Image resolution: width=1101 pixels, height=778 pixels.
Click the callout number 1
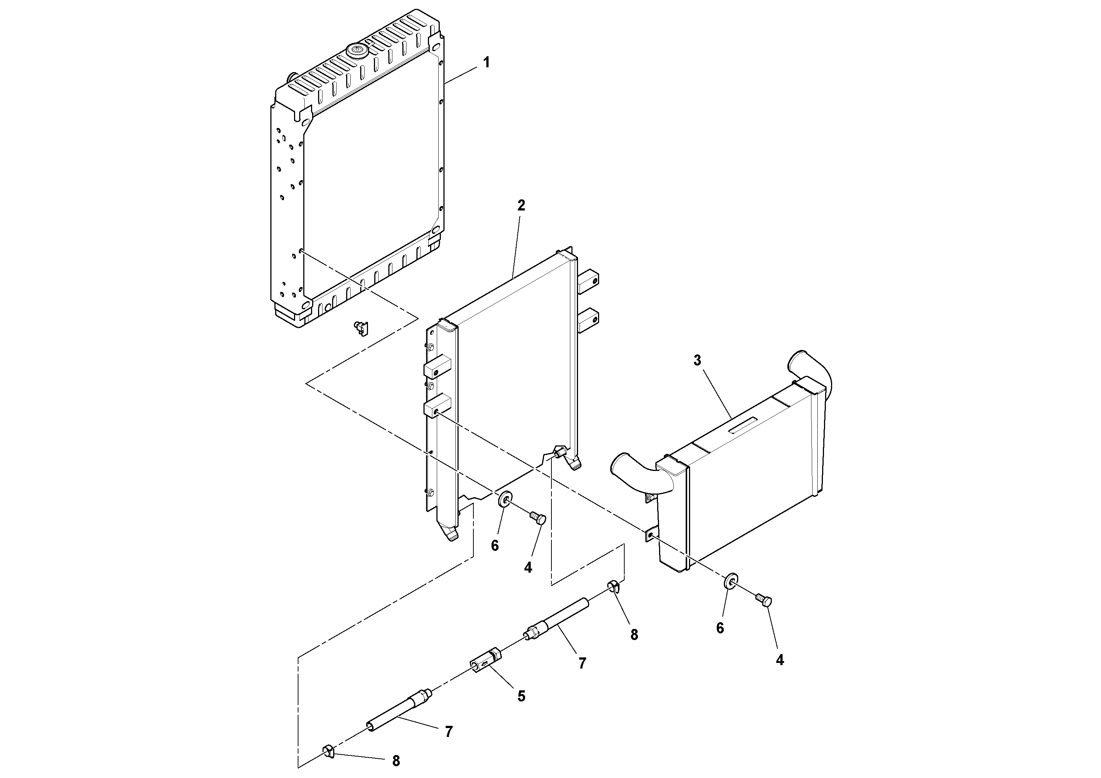(x=486, y=63)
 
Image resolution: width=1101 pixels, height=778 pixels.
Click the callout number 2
(x=521, y=205)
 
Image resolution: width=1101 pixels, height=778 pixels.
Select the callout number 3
(x=697, y=360)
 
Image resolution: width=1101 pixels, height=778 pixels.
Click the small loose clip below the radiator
(x=361, y=329)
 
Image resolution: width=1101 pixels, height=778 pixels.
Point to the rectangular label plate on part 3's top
(x=742, y=425)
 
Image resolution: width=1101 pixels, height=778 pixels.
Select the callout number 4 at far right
(x=780, y=660)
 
